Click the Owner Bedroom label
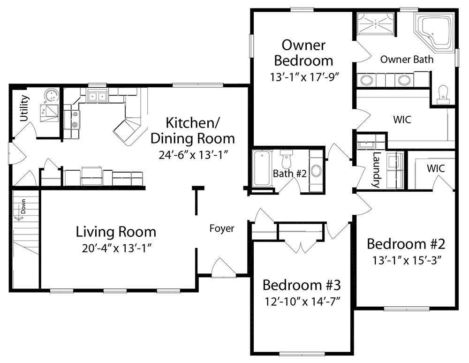click(x=303, y=53)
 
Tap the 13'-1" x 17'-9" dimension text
click(x=304, y=77)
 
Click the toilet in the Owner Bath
click(x=442, y=93)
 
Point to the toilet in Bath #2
click(x=286, y=159)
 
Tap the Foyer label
click(x=222, y=228)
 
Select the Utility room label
click(x=24, y=108)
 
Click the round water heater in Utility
click(x=51, y=95)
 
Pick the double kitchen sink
click(x=97, y=96)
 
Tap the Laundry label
click(x=376, y=169)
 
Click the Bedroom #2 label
click(x=406, y=244)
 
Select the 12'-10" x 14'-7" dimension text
click(x=303, y=302)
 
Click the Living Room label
click(x=116, y=232)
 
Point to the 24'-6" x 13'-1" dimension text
click(x=194, y=155)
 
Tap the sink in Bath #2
click(x=316, y=171)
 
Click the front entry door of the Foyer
click(x=223, y=269)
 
